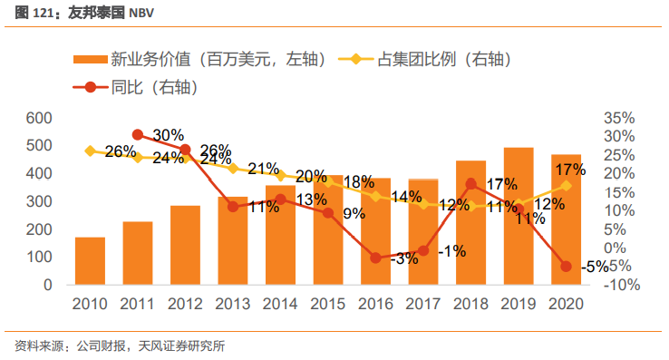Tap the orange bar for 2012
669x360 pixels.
185,245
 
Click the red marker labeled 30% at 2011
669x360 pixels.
138,135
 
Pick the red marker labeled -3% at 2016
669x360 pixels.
375,258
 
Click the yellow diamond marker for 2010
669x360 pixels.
90,151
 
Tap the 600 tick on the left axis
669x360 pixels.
38,118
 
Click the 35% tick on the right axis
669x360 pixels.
621,118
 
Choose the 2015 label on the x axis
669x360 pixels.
328,304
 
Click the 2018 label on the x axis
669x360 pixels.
470,304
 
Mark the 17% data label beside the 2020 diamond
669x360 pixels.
569,170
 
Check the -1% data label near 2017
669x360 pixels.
451,250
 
